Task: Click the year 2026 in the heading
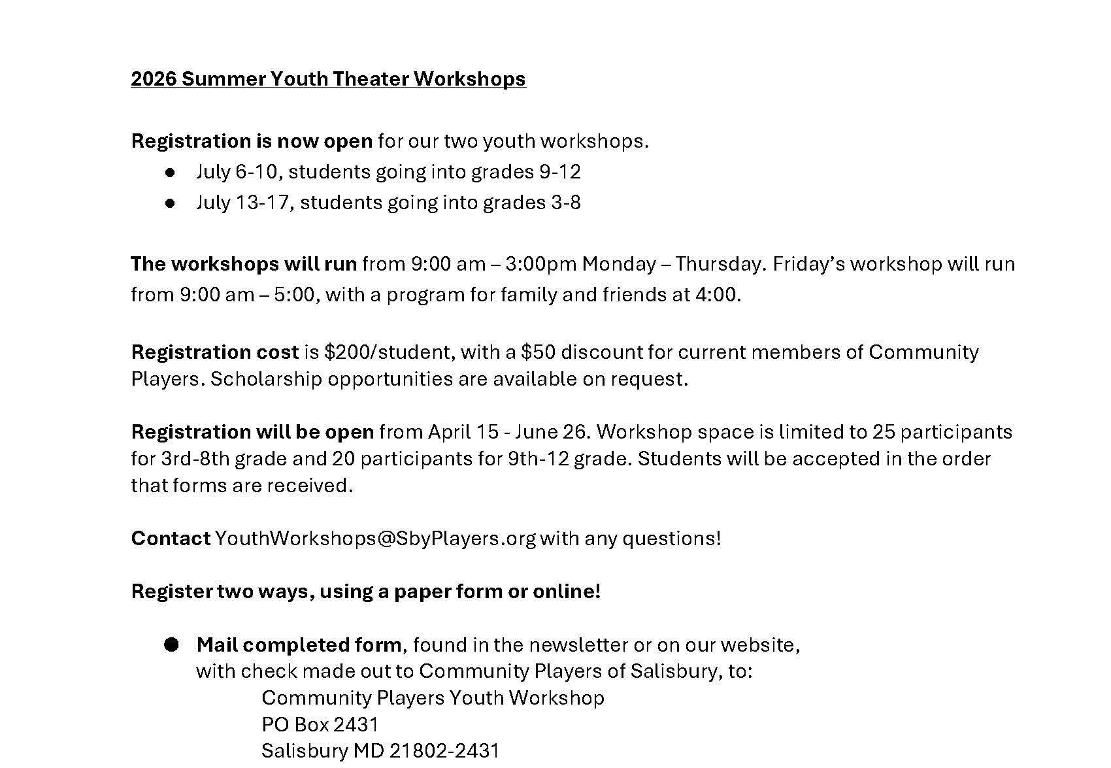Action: pyautogui.click(x=154, y=79)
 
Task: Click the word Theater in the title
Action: pyautogui.click(x=371, y=79)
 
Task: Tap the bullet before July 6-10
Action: pyautogui.click(x=171, y=173)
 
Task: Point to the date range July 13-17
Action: pyautogui.click(x=242, y=203)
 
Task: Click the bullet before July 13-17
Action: pyautogui.click(x=171, y=203)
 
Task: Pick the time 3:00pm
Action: pyautogui.click(x=540, y=264)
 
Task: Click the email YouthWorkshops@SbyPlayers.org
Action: pyautogui.click(x=375, y=539)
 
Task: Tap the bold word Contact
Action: pyautogui.click(x=171, y=539)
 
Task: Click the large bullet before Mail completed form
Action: pyautogui.click(x=171, y=645)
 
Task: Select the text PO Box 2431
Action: pyautogui.click(x=320, y=725)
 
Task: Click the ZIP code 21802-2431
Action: pyautogui.click(x=444, y=751)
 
